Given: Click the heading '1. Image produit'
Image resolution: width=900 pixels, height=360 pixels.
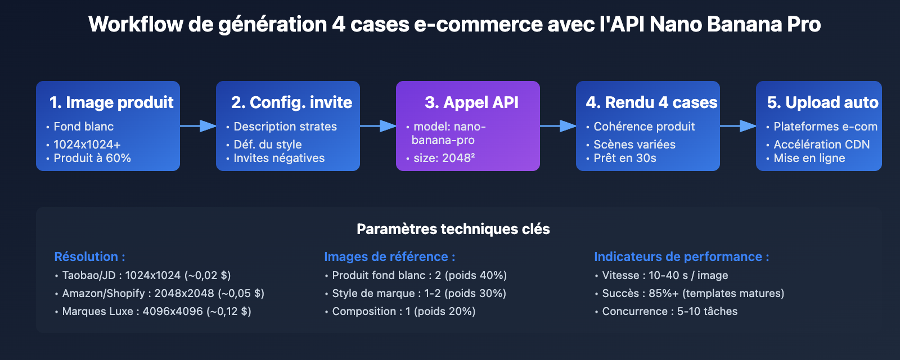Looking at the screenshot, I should (x=111, y=102).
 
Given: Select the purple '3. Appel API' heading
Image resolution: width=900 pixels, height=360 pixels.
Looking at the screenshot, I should (x=471, y=102).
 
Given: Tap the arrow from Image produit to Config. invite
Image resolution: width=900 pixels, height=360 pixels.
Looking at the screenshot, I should (x=198, y=126).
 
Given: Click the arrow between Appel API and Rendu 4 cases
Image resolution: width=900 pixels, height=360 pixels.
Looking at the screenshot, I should (x=558, y=126).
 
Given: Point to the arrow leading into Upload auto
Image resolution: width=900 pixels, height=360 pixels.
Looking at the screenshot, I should (x=738, y=126).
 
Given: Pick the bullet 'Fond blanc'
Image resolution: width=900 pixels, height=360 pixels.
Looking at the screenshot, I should (x=83, y=127).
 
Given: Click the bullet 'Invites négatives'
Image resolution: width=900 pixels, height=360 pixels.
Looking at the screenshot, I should (x=279, y=158).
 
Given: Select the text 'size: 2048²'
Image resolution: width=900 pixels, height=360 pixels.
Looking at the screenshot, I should (x=444, y=158).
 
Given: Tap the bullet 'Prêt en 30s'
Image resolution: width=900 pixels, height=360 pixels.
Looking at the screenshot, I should (x=624, y=158).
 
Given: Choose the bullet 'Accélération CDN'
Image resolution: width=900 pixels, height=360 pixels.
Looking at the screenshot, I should (x=821, y=145).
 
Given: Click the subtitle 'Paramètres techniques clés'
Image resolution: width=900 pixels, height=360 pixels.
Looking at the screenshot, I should (x=453, y=229).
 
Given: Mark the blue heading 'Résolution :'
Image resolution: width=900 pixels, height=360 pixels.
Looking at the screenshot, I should (x=89, y=256).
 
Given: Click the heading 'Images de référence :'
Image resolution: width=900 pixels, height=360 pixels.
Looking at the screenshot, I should (x=389, y=256).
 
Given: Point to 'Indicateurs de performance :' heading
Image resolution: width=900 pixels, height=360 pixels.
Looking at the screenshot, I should (x=681, y=256).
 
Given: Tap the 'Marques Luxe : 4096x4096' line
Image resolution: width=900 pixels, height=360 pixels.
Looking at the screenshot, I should (x=156, y=311).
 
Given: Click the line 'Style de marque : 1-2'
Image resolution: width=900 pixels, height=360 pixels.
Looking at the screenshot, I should (x=418, y=293).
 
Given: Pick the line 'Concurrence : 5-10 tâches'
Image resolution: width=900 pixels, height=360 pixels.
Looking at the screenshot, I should (x=669, y=311).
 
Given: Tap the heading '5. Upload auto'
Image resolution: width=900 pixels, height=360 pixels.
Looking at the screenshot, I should (x=822, y=102).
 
